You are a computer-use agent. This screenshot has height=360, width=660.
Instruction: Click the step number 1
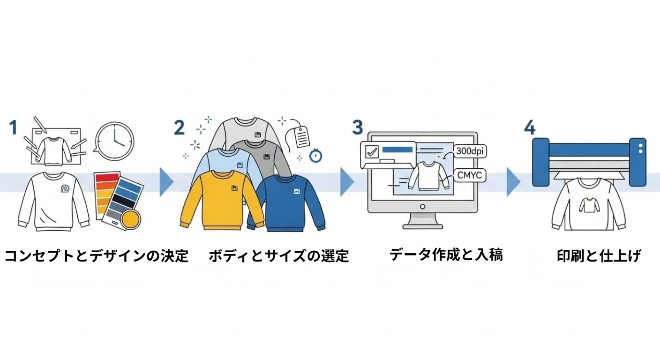point(13,127)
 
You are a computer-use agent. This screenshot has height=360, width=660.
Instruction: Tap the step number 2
point(179,127)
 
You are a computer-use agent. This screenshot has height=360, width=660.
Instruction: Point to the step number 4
point(529,127)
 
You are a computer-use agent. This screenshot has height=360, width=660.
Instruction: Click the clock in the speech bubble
point(114,140)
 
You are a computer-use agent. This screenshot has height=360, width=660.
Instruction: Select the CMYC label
point(471,176)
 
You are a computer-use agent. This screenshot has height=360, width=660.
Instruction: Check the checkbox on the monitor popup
point(372,152)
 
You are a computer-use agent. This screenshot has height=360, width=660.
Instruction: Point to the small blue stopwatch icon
point(315,156)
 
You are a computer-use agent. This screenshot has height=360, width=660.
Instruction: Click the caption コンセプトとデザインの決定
point(96,256)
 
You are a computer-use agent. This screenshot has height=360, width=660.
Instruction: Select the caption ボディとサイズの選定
point(278,256)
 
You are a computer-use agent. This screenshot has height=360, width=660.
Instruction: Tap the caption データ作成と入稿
point(446,255)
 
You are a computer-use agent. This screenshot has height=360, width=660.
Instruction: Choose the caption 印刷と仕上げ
point(599,256)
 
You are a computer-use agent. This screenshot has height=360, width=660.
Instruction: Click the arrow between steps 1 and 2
point(166,182)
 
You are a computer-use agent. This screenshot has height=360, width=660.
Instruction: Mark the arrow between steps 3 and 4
point(513,182)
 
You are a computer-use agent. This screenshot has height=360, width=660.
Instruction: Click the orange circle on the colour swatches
point(130,219)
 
